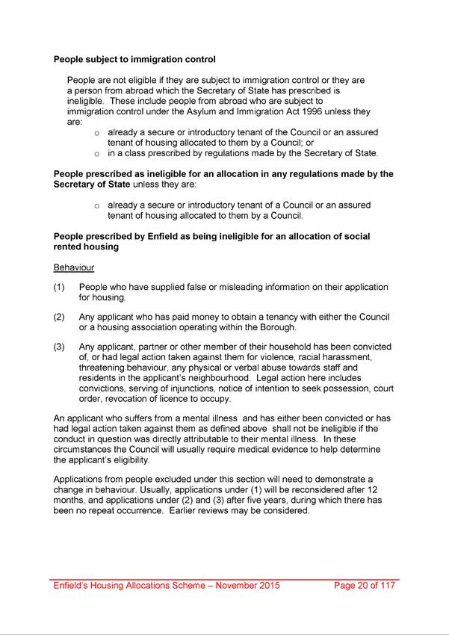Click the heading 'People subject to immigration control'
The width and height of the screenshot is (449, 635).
click(135, 58)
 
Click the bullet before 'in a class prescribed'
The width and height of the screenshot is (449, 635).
click(97, 154)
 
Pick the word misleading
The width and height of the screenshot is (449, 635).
click(241, 287)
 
